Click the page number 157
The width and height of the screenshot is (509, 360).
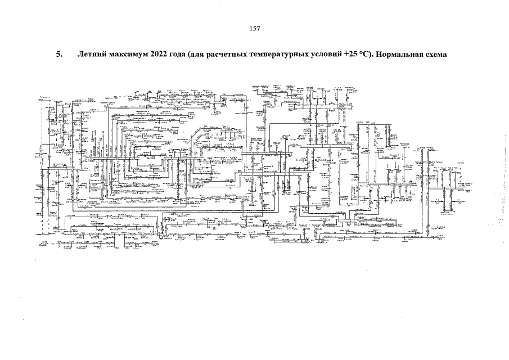(254, 29)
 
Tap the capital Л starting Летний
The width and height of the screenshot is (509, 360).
(79, 56)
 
